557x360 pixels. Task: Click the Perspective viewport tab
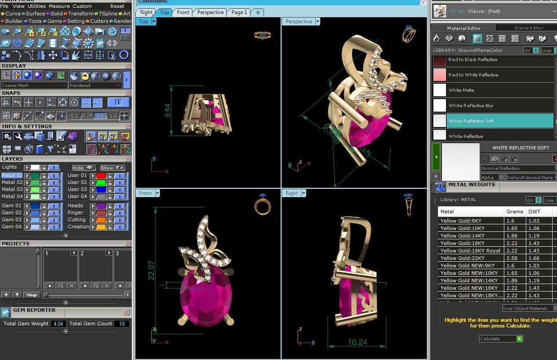(x=210, y=12)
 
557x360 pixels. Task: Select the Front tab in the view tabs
(x=183, y=12)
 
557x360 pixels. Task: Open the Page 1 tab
(x=239, y=12)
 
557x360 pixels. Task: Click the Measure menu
(x=59, y=6)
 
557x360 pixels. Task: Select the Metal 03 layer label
(x=12, y=189)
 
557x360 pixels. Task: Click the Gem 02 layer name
(x=11, y=212)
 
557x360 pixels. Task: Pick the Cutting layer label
(x=76, y=220)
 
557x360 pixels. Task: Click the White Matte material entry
(x=461, y=90)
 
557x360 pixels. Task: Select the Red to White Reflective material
(x=473, y=75)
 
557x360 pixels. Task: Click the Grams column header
(x=514, y=212)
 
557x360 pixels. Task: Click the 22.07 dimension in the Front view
(x=151, y=270)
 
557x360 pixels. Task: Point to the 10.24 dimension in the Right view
(x=357, y=342)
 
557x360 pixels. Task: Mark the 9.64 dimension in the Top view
(x=167, y=111)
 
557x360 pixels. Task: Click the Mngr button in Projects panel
(x=32, y=295)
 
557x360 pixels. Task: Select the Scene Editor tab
(x=528, y=28)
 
